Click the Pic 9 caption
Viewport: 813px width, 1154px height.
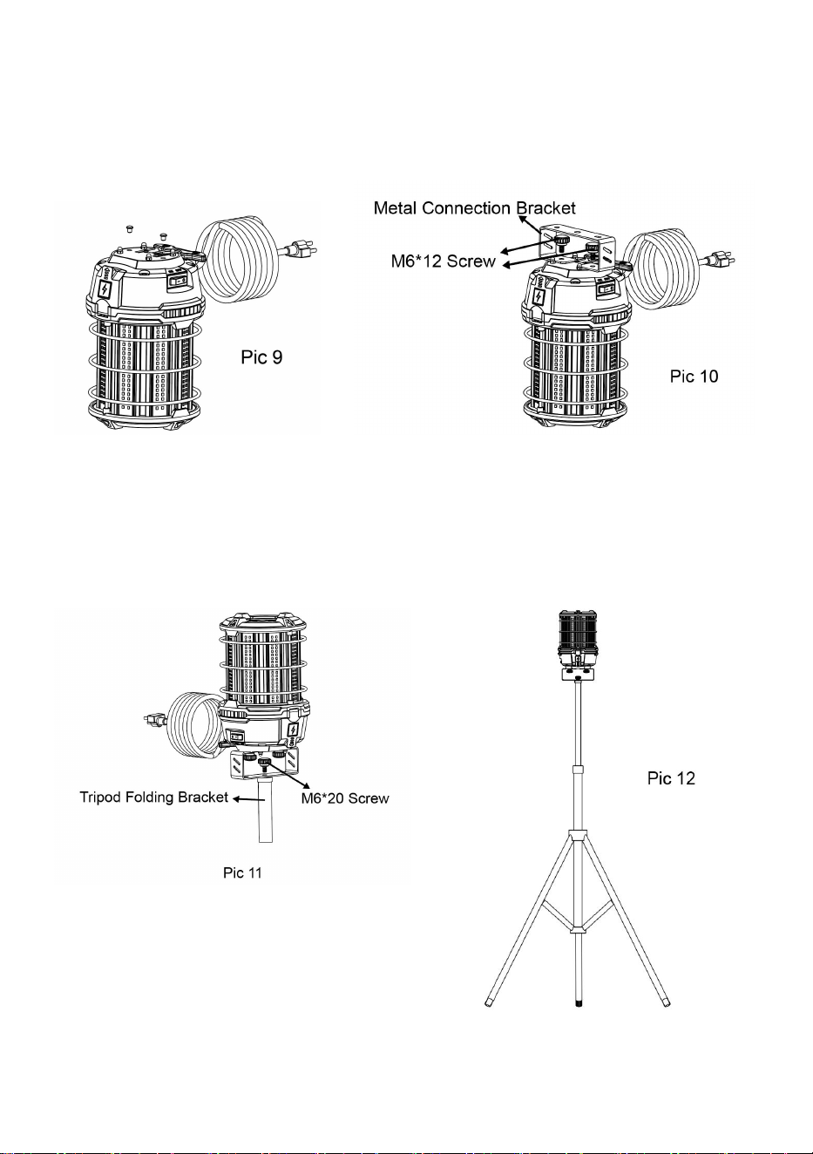coord(261,357)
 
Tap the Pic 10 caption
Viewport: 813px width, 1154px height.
coord(694,376)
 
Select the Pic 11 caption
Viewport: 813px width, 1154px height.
coord(242,872)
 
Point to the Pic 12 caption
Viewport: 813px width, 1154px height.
coord(671,777)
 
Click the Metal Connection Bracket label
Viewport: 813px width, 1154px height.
coord(474,208)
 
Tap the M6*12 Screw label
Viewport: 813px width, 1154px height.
coord(443,261)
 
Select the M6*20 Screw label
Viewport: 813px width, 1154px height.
coord(345,798)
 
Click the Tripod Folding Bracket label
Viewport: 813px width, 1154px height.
coord(153,797)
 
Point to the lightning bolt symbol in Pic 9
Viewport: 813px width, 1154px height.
coord(105,290)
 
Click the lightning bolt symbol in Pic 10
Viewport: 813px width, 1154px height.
coord(539,296)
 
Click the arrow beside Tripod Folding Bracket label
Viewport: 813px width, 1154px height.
coord(249,799)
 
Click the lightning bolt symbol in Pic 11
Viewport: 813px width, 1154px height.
coord(293,730)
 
